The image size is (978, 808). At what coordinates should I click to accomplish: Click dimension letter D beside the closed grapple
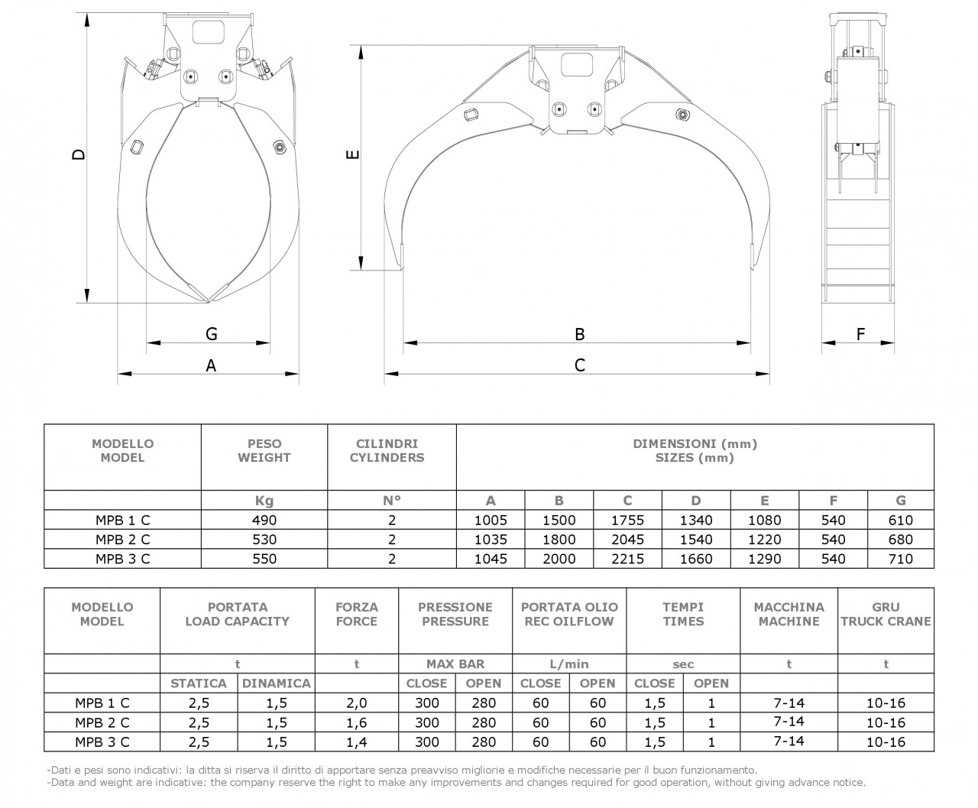point(79,154)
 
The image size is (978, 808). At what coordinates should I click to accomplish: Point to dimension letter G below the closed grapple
point(212,334)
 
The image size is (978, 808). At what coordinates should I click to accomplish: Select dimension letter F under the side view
point(860,334)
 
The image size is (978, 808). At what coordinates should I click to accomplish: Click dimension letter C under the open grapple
point(580,365)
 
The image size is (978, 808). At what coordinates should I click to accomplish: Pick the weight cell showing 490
point(264,521)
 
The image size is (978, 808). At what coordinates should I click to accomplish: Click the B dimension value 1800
point(559,540)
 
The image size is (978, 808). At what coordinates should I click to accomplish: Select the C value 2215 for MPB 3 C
point(627,559)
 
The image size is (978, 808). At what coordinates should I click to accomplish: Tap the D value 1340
point(696,521)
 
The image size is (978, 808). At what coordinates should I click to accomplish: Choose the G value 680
point(901,540)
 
